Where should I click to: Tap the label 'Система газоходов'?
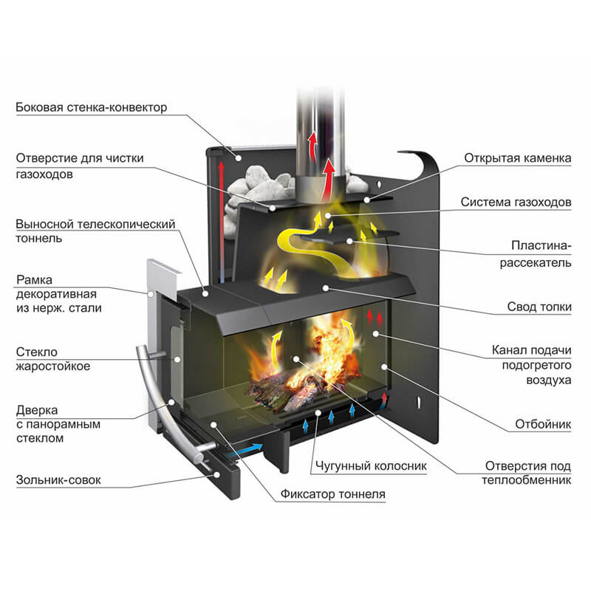click(x=516, y=202)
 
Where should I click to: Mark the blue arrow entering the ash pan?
click(x=248, y=448)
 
